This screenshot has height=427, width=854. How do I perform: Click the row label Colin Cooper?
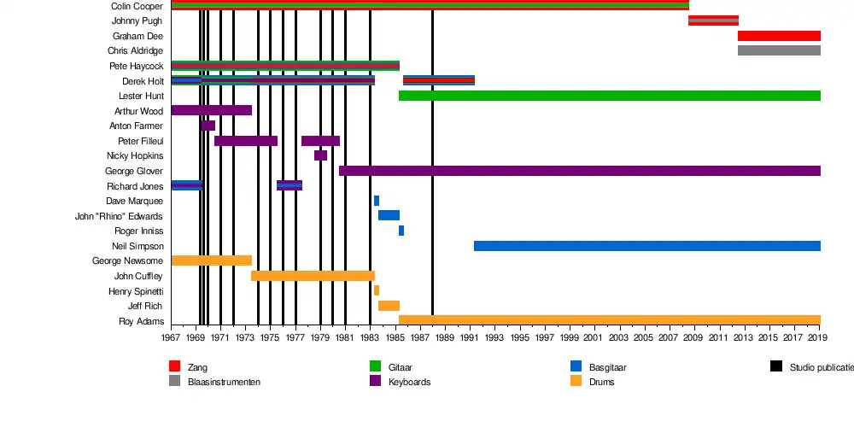coord(137,6)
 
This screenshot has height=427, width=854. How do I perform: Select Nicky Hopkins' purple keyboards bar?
coord(320,155)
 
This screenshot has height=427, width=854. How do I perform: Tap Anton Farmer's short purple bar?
coord(208,126)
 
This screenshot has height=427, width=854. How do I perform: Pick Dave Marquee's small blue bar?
coord(376,201)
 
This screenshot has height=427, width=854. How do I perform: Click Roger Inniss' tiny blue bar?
coord(401,231)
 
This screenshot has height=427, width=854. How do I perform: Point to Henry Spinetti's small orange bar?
coord(376,290)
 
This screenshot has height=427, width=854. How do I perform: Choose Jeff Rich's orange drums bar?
coord(389,306)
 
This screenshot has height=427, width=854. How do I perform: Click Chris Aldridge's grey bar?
coord(779,50)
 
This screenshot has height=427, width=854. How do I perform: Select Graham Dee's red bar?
coord(779,36)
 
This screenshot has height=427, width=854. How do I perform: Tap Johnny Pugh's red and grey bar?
coord(713,20)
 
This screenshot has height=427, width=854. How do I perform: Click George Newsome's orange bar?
coord(211,260)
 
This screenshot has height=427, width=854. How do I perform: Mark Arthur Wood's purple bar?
coord(211,110)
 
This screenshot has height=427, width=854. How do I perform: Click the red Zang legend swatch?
coord(175,366)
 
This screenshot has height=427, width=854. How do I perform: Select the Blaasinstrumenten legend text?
coord(224,382)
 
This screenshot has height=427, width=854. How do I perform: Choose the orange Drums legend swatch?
coord(576,381)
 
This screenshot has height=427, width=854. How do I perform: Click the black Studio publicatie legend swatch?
coord(775,366)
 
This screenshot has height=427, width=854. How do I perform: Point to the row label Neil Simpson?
coord(138,246)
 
